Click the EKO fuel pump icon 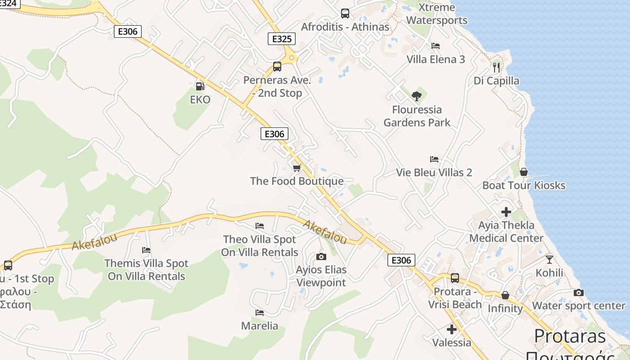pos(200,85)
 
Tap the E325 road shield pos(282,39)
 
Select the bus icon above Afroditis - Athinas pos(345,13)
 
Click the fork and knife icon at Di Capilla pos(496,67)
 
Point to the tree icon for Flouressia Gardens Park pos(417,96)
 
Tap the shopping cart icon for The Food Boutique pos(297,168)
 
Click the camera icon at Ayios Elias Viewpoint pos(321,256)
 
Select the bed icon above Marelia pos(260,312)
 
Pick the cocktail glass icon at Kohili pos(549,259)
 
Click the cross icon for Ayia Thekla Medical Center pos(506,211)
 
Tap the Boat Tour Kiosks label pos(524,185)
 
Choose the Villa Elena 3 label pos(436,59)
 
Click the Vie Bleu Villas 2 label pos(434,172)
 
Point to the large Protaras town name pos(570,336)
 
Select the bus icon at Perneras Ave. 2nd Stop pos(277,67)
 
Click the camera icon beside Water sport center pos(579,292)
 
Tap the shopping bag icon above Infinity pos(505,295)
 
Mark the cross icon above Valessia pos(452,329)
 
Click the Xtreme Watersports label pos(436,14)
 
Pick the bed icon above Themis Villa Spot pos(146,250)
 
